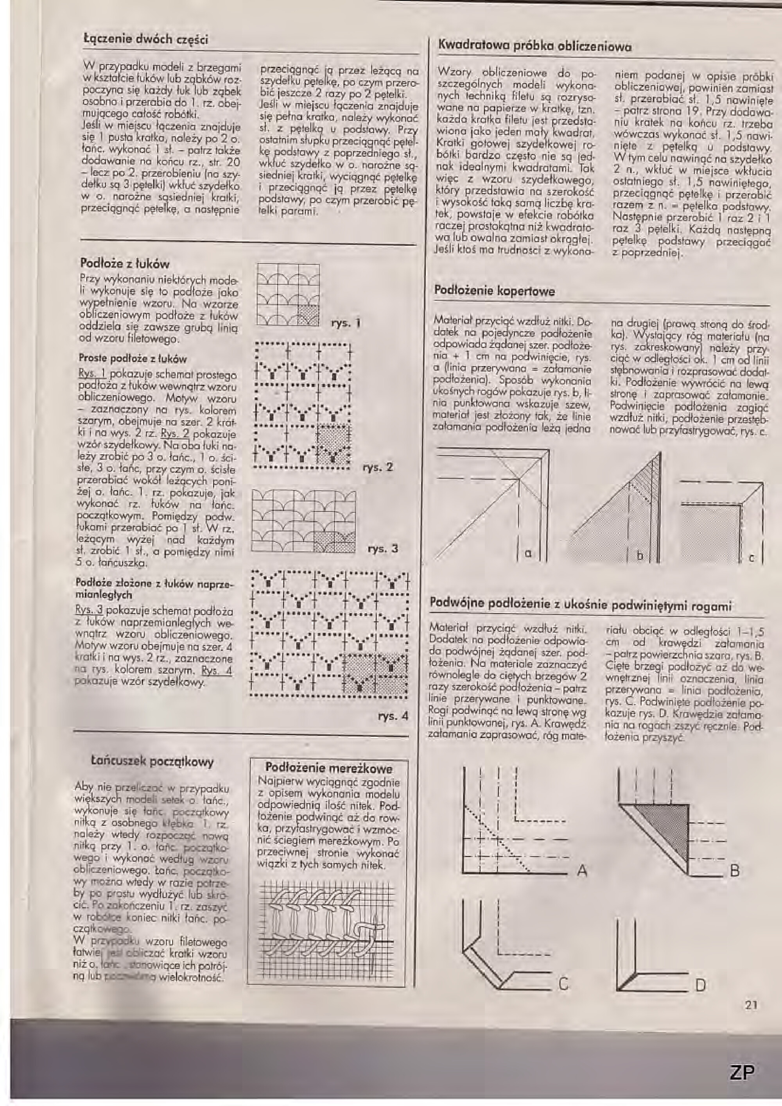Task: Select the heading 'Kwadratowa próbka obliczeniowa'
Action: point(533,47)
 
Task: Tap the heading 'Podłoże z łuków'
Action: point(124,264)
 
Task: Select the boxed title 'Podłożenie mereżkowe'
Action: point(329,768)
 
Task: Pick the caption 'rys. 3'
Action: point(382,548)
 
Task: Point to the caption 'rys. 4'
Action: point(393,716)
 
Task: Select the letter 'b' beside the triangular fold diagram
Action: point(640,555)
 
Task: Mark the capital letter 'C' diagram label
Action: point(563,983)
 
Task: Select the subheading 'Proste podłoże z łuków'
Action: point(133,358)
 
